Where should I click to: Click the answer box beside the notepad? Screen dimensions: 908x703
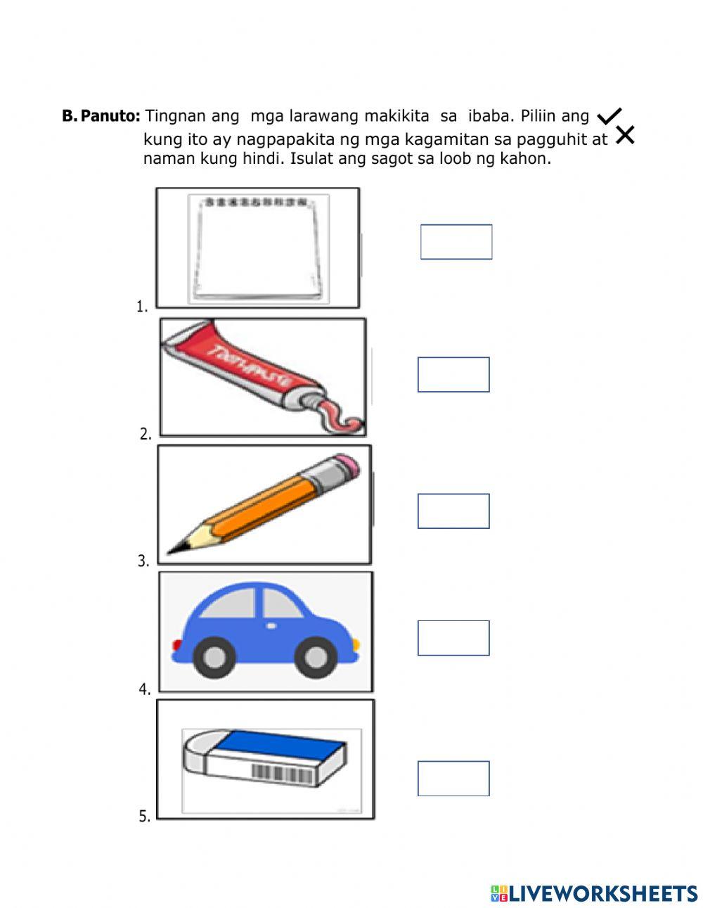(456, 242)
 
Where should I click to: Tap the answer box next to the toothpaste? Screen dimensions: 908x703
(453, 374)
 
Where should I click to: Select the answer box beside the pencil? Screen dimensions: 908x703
(453, 511)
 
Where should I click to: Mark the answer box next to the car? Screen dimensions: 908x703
(453, 638)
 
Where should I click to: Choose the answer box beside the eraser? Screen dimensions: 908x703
(453, 779)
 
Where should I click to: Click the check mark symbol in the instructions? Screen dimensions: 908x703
(609, 117)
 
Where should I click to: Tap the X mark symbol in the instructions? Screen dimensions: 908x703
(624, 135)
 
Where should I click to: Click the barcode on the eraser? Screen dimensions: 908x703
(280, 772)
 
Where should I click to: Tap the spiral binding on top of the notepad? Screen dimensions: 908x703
(257, 203)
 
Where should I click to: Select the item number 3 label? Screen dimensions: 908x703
(143, 561)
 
